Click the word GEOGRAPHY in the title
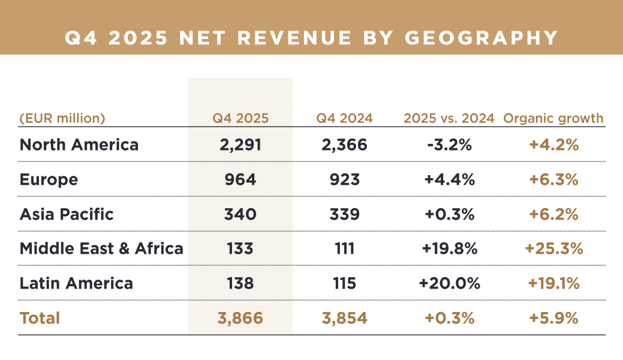click(x=481, y=37)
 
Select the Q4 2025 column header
click(x=240, y=118)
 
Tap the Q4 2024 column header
click(x=345, y=118)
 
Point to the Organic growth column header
click(x=553, y=118)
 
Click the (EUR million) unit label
click(x=62, y=118)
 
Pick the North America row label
click(x=79, y=145)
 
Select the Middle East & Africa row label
click(x=101, y=248)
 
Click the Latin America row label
click(x=76, y=283)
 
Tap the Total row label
click(x=40, y=317)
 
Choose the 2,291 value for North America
click(x=240, y=145)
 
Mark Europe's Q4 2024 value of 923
click(x=345, y=179)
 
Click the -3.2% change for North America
click(x=449, y=145)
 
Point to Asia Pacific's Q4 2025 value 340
click(x=240, y=214)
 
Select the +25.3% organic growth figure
click(x=553, y=248)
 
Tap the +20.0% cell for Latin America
click(x=449, y=283)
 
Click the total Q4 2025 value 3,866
click(x=240, y=317)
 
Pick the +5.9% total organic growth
click(x=553, y=317)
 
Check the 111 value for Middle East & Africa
click(x=345, y=248)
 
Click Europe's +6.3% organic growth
click(x=553, y=179)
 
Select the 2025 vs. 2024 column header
click(x=449, y=118)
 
